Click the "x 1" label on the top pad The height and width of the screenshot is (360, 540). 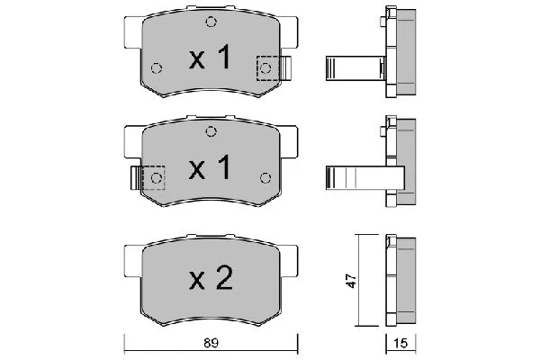point(210,59)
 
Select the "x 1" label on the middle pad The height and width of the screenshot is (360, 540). point(210,167)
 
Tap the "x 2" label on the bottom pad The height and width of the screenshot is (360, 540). point(210,278)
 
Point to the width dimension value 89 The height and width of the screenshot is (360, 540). point(210,343)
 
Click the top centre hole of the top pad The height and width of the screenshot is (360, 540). point(211,22)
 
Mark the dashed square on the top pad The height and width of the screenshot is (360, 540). point(267,67)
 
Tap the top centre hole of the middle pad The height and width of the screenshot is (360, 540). point(211,130)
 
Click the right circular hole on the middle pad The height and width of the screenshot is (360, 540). point(265,176)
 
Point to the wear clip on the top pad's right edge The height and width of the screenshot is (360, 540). point(286,67)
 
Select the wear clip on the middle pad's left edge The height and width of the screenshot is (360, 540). point(135,177)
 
